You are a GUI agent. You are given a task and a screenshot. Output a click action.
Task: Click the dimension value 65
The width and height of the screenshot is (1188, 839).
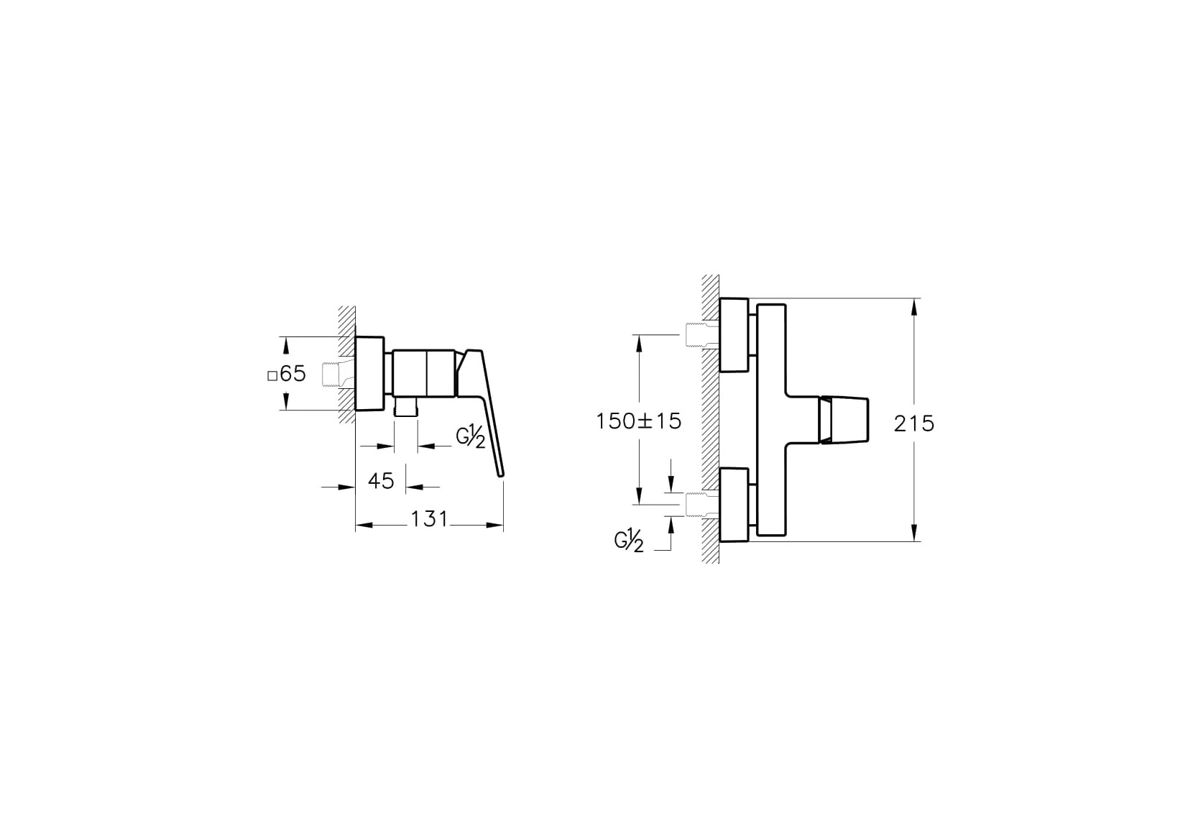[293, 373]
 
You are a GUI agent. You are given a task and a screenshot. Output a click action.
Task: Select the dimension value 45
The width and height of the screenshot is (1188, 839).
[381, 480]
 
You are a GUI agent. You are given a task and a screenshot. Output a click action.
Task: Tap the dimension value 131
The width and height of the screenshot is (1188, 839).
[429, 518]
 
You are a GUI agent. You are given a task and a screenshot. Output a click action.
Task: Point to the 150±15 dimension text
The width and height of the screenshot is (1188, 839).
[638, 421]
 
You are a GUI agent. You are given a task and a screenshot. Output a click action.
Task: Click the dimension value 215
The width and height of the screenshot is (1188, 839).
[914, 423]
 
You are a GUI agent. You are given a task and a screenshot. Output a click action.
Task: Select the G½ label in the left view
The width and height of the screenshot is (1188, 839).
[471, 436]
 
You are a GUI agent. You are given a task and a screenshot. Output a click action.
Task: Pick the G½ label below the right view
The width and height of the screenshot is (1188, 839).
[629, 540]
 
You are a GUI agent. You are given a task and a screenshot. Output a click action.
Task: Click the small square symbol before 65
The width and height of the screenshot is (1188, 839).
[272, 375]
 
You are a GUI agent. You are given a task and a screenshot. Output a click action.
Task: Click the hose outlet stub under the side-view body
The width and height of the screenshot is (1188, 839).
[406, 407]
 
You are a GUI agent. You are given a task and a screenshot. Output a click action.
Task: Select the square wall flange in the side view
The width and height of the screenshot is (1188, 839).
[370, 373]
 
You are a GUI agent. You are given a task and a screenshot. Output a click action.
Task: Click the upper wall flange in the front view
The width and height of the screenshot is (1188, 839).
[734, 335]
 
